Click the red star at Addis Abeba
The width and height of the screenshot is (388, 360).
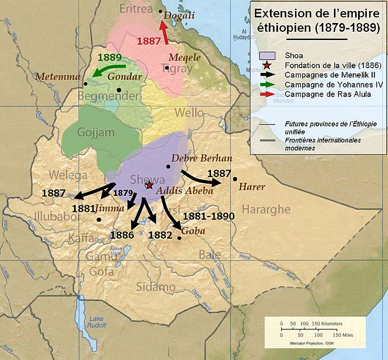pos(149,185)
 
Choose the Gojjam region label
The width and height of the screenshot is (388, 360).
pos(96,133)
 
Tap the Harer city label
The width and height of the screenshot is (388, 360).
pos(253,186)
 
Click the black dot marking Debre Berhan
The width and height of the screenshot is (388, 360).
pos(168,166)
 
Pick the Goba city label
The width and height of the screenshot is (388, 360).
pos(194,231)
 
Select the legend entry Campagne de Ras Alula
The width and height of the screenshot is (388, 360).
pos(327,95)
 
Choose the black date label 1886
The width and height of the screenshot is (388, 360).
pos(123,235)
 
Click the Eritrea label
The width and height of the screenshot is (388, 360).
pos(136,9)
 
